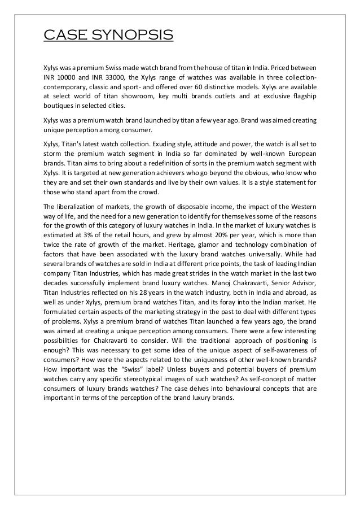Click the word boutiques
(60, 107)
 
